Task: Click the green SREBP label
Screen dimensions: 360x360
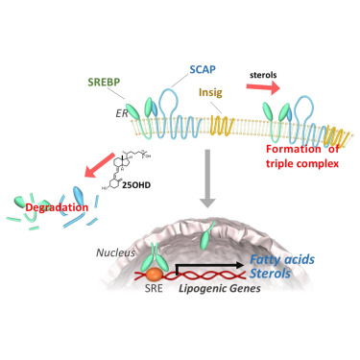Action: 104,83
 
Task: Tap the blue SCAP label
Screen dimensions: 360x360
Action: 203,69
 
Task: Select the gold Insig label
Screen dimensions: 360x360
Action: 210,92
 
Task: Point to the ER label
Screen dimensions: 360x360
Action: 122,113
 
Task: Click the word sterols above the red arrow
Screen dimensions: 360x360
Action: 263,75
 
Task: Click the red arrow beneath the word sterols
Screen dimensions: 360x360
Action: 263,87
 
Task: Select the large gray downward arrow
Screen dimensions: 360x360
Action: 207,179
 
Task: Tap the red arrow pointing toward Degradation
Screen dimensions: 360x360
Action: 100,165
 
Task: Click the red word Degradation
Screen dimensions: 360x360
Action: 57,207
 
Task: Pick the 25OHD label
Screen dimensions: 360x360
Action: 136,185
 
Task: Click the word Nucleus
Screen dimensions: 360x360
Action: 115,252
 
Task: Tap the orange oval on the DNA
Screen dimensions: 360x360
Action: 155,274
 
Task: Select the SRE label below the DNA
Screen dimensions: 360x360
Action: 154,288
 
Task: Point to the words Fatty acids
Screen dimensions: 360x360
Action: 282,259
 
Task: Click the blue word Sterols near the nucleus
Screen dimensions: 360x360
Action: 271,274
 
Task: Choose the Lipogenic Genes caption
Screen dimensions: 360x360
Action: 220,288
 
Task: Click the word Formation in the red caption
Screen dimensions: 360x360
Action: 294,149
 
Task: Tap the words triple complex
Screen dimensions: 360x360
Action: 302,163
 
